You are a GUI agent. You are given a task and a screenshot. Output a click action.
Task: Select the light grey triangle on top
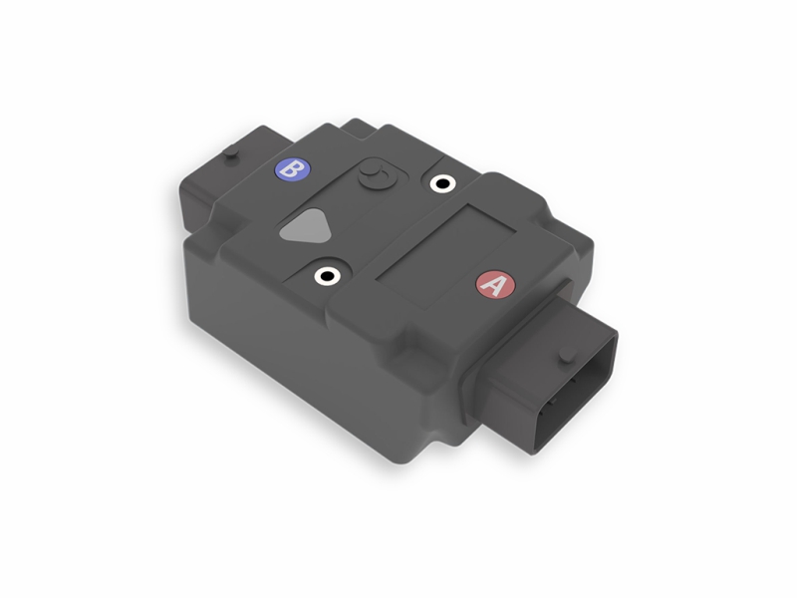point(304,228)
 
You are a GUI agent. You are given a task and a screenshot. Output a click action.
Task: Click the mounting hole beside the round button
point(440,183)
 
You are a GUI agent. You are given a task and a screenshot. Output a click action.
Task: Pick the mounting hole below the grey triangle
point(328,275)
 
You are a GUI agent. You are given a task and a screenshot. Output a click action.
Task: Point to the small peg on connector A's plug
point(566,355)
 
